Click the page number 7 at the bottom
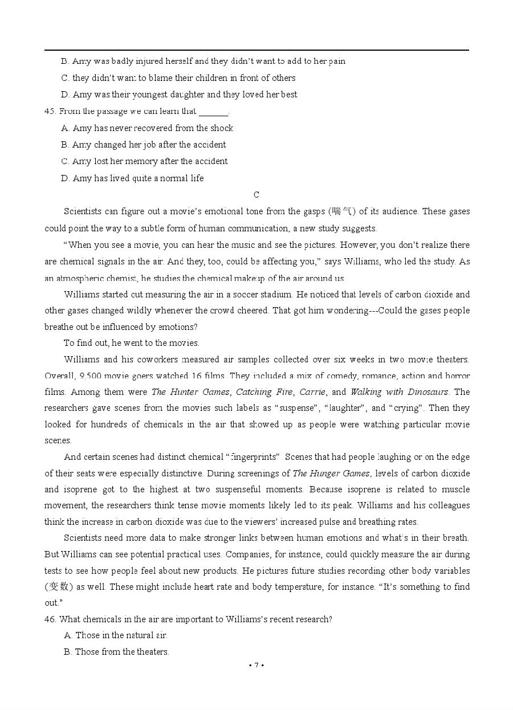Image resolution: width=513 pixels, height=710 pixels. coord(256,665)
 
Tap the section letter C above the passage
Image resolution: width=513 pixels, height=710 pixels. coord(256,195)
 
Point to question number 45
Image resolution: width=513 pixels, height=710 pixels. coord(50,111)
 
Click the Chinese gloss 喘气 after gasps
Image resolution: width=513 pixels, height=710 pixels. coord(343,211)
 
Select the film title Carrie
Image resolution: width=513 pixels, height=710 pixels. coord(312,392)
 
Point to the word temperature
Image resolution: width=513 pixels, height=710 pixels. coord(296,587)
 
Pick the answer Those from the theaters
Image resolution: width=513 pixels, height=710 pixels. coord(122,652)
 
